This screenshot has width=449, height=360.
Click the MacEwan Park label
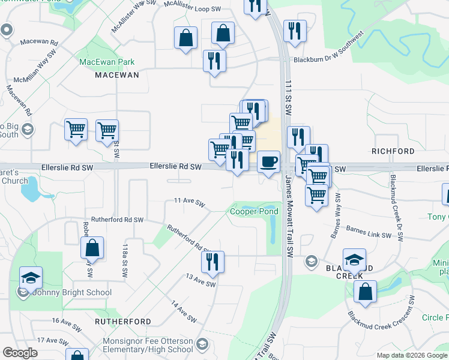[107, 62]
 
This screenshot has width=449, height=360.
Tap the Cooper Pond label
[254, 211]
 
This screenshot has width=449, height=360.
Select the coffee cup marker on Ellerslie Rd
[268, 162]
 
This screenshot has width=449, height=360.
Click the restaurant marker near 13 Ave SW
[212, 262]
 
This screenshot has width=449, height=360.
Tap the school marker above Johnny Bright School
[31, 278]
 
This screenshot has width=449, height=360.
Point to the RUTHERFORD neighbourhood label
[123, 322]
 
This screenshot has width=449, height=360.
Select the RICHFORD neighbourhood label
[393, 151]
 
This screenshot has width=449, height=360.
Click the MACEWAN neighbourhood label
[117, 75]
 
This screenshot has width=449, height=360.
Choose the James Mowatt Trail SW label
[289, 210]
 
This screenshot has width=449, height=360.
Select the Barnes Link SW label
[369, 230]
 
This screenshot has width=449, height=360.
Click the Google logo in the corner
[20, 353]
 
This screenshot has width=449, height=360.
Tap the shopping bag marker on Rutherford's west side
[92, 247]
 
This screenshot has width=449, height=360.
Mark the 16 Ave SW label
[66, 325]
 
